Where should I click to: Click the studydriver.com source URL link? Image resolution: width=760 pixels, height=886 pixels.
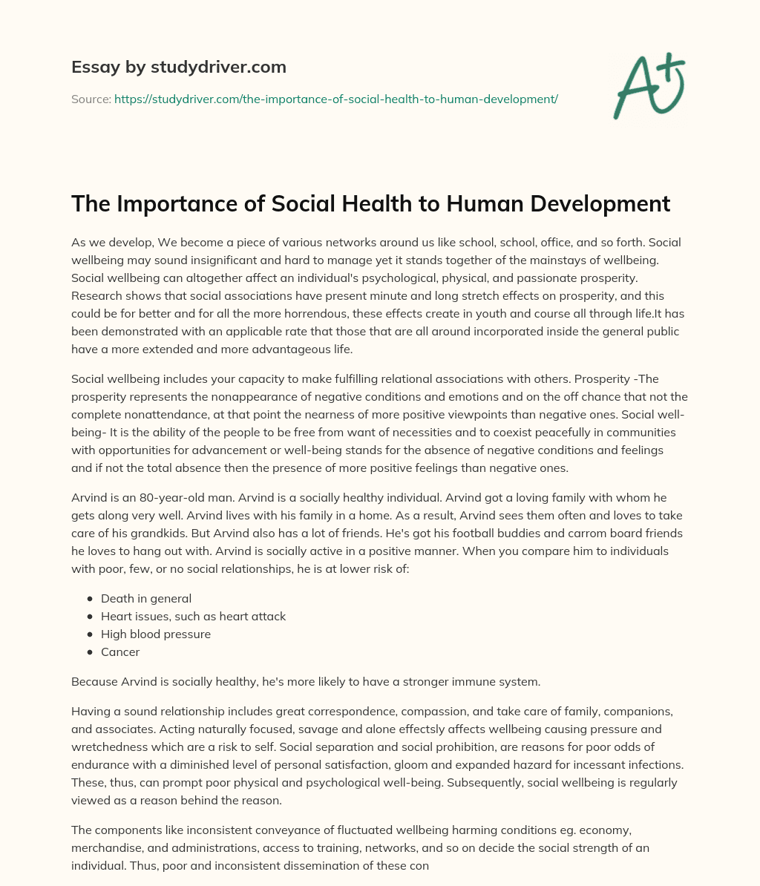pos(335,99)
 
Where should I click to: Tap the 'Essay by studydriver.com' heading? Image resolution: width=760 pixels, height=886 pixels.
pos(179,67)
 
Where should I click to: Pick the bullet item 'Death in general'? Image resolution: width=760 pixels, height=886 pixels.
pos(145,598)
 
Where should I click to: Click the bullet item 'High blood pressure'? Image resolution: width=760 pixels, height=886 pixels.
pos(156,634)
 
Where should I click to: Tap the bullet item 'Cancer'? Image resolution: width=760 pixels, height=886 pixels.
pos(120,652)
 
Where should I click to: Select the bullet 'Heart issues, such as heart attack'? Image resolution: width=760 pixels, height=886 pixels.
pos(193,616)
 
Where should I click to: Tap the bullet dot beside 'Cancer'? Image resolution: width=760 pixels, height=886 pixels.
pos(90,652)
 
